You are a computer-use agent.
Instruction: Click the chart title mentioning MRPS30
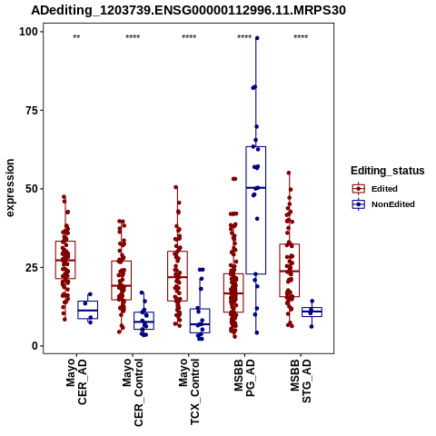click(x=188, y=10)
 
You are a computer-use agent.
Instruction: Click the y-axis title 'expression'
click(x=10, y=188)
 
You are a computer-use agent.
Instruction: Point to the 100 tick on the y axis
click(x=29, y=32)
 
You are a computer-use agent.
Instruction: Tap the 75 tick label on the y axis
click(x=32, y=110)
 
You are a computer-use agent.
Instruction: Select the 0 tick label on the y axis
click(x=35, y=346)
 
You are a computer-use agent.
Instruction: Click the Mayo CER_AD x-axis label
click(x=76, y=381)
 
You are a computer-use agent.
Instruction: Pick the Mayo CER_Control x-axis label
click(x=133, y=392)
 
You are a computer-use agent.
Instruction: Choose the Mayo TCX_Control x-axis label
click(x=189, y=391)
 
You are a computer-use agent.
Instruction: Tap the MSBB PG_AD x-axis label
click(x=245, y=378)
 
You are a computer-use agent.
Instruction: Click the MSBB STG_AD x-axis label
click(x=301, y=381)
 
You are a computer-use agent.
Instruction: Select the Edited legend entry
click(x=375, y=189)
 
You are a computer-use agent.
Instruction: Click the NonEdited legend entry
click(x=383, y=204)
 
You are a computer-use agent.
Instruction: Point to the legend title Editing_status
click(x=388, y=171)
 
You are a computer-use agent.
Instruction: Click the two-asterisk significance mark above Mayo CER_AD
click(x=76, y=37)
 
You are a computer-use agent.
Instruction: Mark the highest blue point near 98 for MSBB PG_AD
click(x=257, y=38)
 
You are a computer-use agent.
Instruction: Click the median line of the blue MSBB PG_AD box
click(x=256, y=188)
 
